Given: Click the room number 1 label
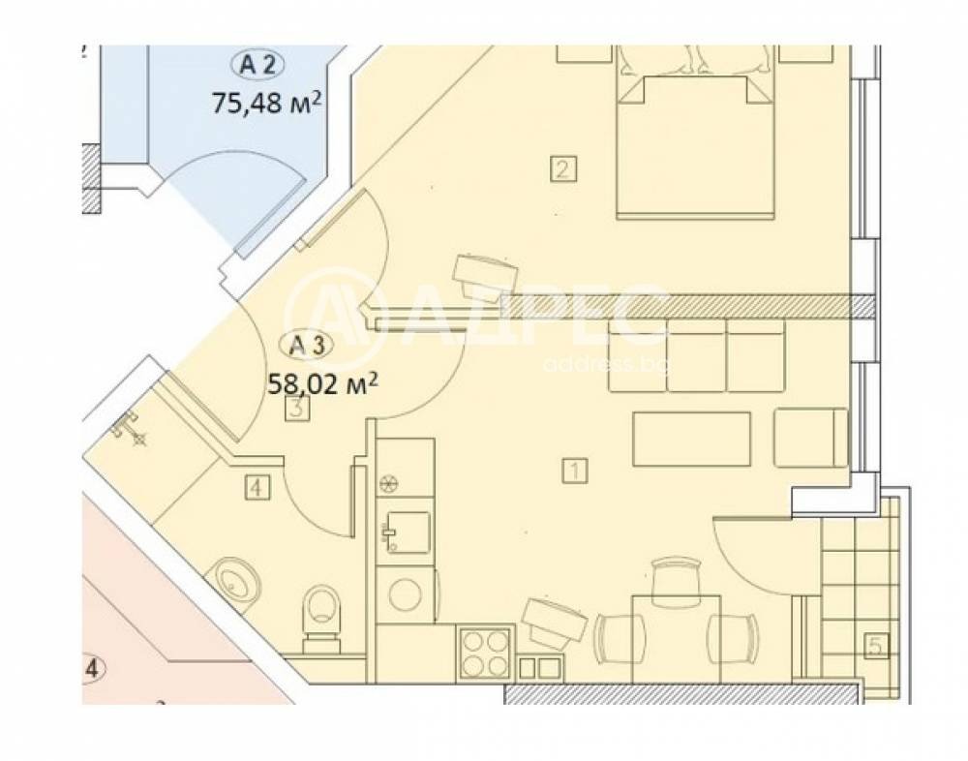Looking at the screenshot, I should coord(574,472).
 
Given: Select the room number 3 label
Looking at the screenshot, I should coord(298,410).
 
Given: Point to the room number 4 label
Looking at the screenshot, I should coord(256,489).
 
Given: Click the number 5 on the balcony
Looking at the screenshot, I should coord(876,646).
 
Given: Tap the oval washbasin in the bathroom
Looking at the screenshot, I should coord(236,582).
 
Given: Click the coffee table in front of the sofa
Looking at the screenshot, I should coord(691,438).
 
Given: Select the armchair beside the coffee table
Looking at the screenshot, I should coord(811,438).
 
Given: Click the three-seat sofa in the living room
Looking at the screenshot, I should coord(695,356).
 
